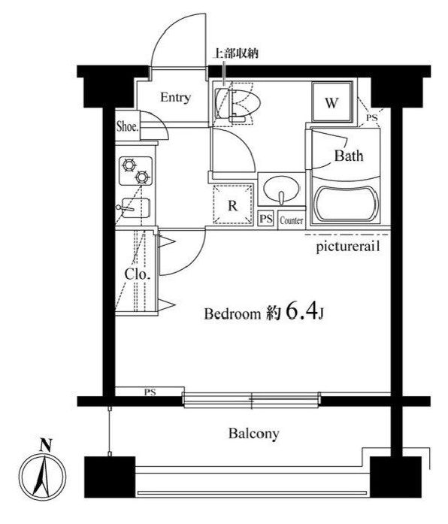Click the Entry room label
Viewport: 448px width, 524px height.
click(x=175, y=97)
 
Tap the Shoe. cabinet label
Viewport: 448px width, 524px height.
click(x=127, y=126)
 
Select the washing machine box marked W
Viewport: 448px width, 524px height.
click(x=331, y=102)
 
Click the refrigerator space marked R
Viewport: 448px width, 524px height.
click(x=233, y=204)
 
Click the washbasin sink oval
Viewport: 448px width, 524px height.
click(x=281, y=189)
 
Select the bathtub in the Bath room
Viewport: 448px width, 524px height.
click(x=346, y=204)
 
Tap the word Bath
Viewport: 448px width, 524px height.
click(x=349, y=156)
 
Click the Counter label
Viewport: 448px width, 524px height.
click(x=292, y=220)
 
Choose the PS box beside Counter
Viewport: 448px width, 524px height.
click(x=266, y=219)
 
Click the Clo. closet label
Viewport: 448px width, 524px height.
click(x=138, y=274)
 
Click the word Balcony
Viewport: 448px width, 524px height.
click(x=254, y=434)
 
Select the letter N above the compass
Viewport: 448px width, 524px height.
click(x=45, y=446)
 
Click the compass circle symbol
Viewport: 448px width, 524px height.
click(x=42, y=477)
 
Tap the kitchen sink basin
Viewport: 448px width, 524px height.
click(x=135, y=207)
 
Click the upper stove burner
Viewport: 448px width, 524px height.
click(x=129, y=165)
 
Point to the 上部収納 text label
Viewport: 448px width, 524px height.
click(x=236, y=53)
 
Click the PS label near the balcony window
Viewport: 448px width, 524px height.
click(x=150, y=392)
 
